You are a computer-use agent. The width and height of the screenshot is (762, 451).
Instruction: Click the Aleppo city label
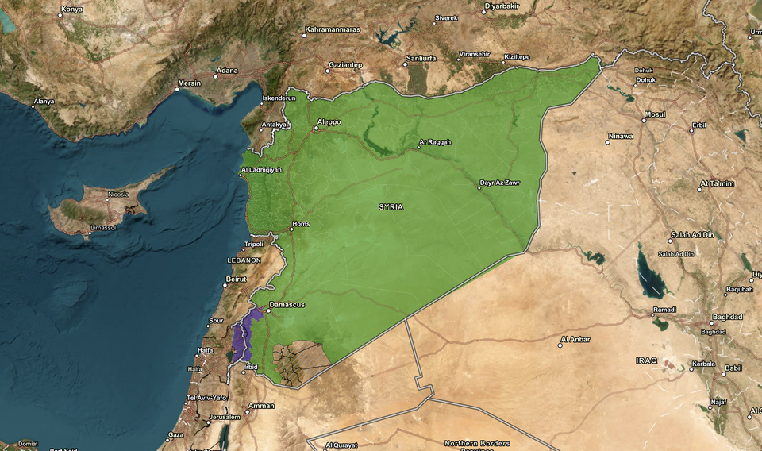coord(329,122)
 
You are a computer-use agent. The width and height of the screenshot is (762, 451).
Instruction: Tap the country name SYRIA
coord(391,206)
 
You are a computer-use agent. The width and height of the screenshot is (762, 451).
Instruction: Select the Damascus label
coord(287,305)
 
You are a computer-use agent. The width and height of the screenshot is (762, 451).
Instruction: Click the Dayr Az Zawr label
coord(501,183)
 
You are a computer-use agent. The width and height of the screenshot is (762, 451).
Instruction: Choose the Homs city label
coord(302,224)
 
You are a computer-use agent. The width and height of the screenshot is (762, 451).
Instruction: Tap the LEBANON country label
coord(244,260)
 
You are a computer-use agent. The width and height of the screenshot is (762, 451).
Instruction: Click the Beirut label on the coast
coord(237,279)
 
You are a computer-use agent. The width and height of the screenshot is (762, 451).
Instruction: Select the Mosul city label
coord(655,114)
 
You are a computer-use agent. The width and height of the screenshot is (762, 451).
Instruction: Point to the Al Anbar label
coord(575,339)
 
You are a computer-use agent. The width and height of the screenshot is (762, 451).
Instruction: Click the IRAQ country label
coord(646,360)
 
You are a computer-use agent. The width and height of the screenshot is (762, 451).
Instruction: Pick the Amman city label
coord(261,406)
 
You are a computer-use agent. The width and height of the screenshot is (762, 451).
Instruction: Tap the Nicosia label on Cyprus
coord(118,195)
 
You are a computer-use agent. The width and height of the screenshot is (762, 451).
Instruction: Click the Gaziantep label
coord(346,64)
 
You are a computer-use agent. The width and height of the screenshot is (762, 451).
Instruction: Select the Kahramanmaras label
coord(332,30)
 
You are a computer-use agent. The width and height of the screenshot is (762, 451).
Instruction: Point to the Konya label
coord(71,10)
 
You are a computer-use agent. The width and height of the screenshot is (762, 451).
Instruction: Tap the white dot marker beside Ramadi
coord(649,310)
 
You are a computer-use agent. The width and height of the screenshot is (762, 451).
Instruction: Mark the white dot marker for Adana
coord(214,78)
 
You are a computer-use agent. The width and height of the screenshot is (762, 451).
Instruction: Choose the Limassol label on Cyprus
coord(104,227)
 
